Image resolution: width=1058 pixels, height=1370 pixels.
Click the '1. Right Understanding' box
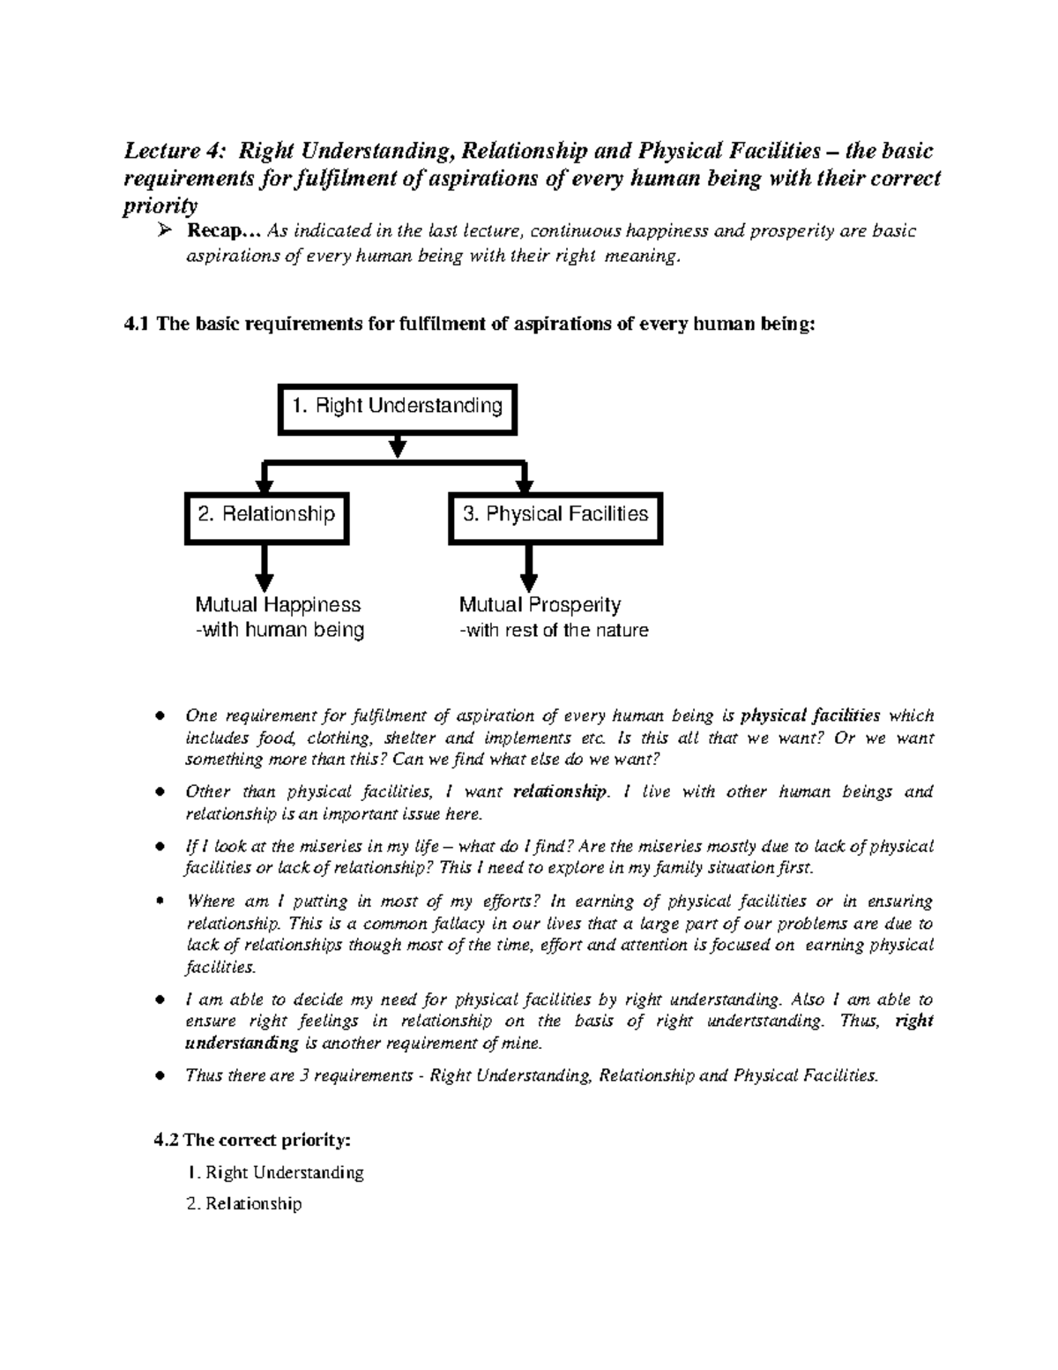pos(397,408)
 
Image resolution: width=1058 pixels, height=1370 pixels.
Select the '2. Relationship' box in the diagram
pos(266,516)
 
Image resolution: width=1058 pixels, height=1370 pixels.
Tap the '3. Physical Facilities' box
pos(555,516)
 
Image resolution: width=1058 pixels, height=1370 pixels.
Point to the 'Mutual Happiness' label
pos(278,605)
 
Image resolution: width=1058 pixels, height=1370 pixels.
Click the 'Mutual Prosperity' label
pos(540,605)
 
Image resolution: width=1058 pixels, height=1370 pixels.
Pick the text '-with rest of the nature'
pos(554,631)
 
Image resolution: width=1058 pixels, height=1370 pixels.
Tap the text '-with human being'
pos(279,631)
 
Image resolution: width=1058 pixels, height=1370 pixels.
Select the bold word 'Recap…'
pos(224,231)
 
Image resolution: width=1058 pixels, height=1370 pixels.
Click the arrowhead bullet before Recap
pos(163,232)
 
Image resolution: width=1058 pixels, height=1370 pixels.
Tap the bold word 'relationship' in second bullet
pos(560,791)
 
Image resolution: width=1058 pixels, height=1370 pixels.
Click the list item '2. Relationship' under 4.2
pos(244,1203)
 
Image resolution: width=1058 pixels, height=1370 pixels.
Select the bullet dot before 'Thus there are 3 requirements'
pos(159,1076)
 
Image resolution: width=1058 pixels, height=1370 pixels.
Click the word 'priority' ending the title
pos(160,206)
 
